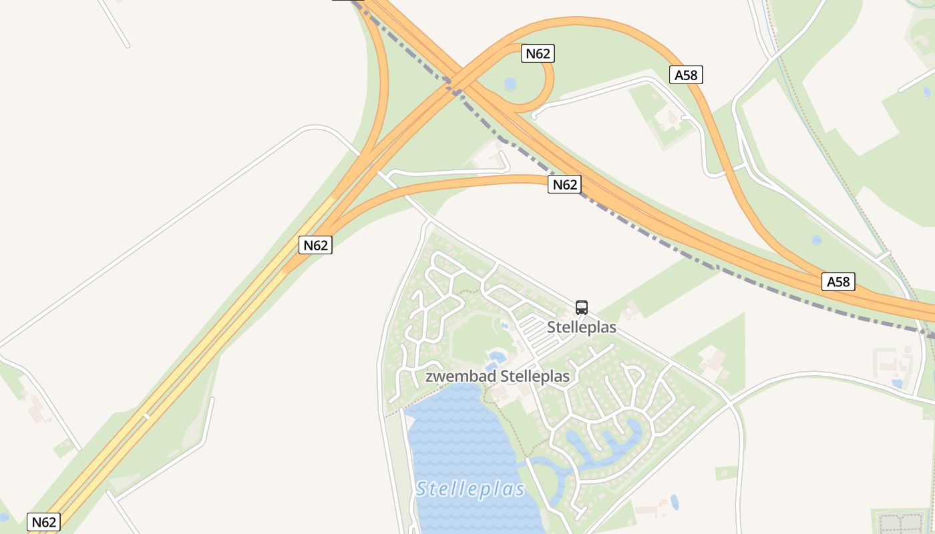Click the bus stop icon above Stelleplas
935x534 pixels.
point(582,308)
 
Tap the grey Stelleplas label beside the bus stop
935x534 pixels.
point(582,328)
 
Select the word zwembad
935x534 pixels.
point(457,376)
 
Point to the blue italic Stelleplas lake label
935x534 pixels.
point(470,489)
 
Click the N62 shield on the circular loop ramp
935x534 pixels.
point(538,53)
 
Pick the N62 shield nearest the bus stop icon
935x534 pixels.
point(564,184)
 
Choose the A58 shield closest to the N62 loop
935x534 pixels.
point(686,75)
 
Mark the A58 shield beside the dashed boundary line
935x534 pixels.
point(838,282)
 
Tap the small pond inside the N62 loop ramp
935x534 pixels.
point(510,83)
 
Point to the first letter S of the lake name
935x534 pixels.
point(422,489)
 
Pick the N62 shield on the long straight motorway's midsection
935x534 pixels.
point(316,245)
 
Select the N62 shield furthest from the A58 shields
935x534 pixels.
point(43,521)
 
